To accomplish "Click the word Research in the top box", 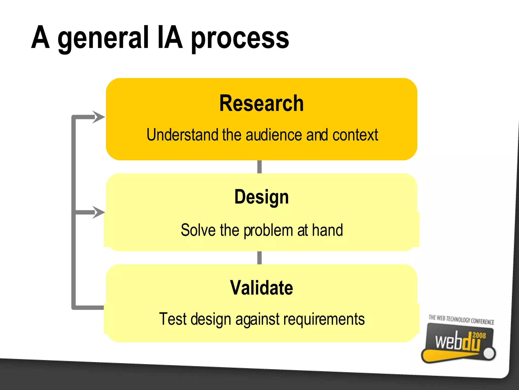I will point(261,103).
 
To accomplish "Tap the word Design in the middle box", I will point(262,197).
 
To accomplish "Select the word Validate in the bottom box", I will point(262,288).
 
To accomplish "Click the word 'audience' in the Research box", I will point(274,135).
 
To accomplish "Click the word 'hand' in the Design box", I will point(327,230).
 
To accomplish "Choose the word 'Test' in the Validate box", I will point(173,319).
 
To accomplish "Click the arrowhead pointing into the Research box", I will point(99,117).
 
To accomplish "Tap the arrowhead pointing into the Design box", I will point(99,212).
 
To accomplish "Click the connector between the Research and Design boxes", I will point(259,167).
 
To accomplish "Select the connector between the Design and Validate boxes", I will point(259,258).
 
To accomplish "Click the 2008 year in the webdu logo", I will point(479,335).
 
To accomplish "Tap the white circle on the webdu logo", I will point(489,353).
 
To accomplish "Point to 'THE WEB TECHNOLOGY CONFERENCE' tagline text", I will point(461,320).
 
